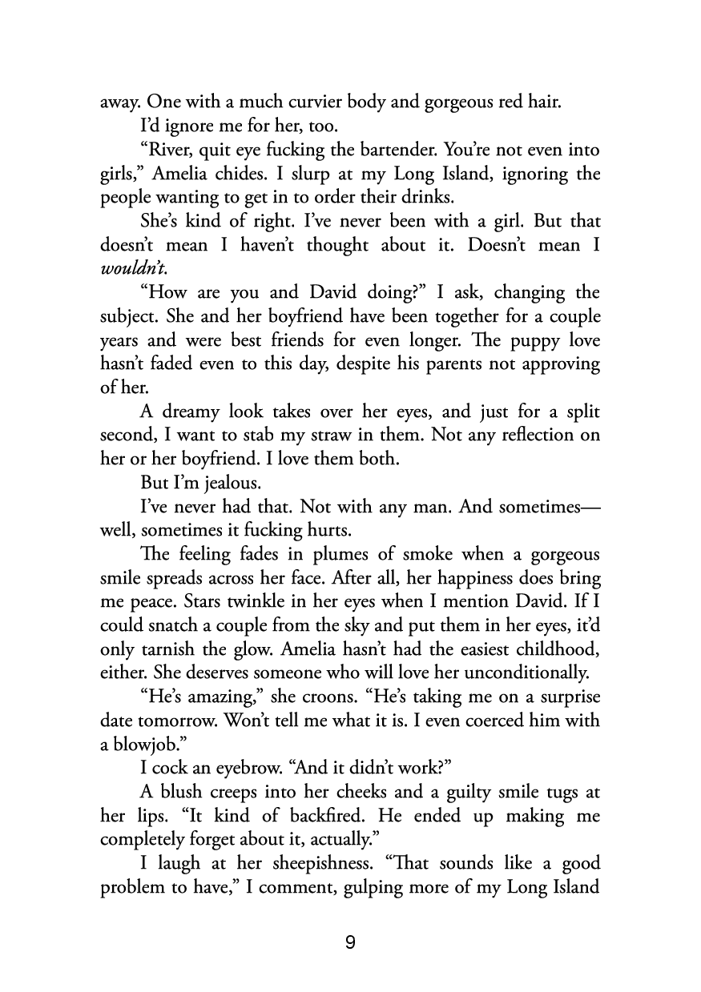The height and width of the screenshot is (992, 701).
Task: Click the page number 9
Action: [x=350, y=942]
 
